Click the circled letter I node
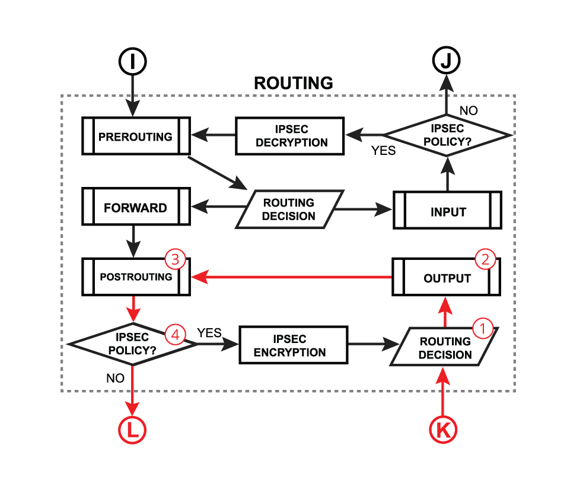[x=132, y=62]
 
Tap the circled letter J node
[x=446, y=61]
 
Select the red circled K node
[x=442, y=430]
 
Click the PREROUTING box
[x=135, y=136]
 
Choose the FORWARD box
[x=135, y=208]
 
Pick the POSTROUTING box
[x=135, y=277]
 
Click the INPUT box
[x=448, y=212]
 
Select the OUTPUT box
[x=447, y=278]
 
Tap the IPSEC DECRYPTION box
[x=290, y=136]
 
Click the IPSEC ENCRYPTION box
[x=293, y=345]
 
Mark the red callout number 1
[x=482, y=327]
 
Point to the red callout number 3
[x=175, y=259]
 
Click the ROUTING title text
[x=293, y=82]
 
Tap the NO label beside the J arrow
[x=469, y=110]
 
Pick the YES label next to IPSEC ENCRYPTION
[x=209, y=333]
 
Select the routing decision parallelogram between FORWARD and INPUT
[x=289, y=209]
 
